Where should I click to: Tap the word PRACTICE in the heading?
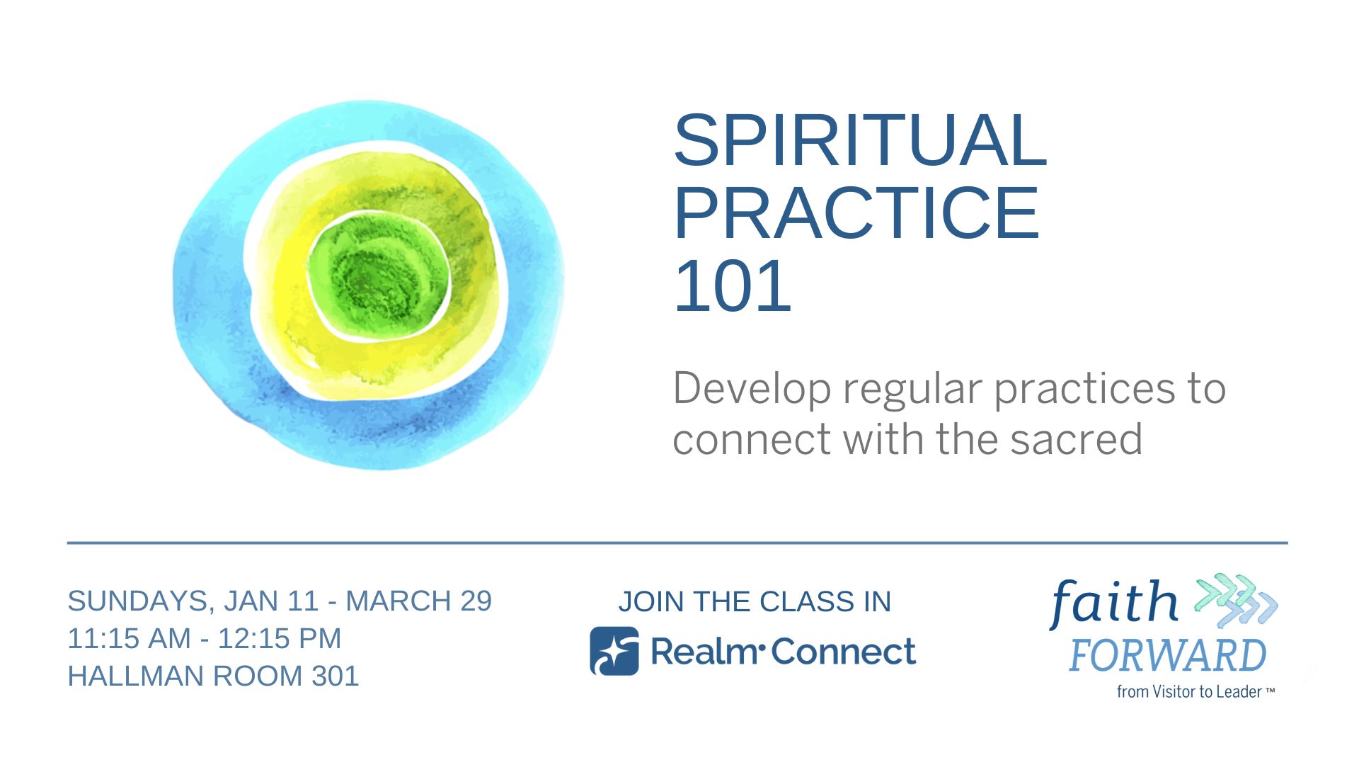tap(856, 212)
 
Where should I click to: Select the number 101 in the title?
tap(733, 285)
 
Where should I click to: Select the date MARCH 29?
tap(418, 601)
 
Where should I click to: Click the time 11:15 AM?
tap(130, 638)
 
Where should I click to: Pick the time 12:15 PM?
tap(280, 638)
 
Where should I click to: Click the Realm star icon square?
tap(614, 651)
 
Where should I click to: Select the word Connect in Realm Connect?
tap(844, 652)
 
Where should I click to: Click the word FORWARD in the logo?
tap(1167, 655)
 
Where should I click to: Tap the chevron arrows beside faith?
tap(1236, 601)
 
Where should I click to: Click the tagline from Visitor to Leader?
tap(1195, 691)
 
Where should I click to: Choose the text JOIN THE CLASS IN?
tap(755, 601)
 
